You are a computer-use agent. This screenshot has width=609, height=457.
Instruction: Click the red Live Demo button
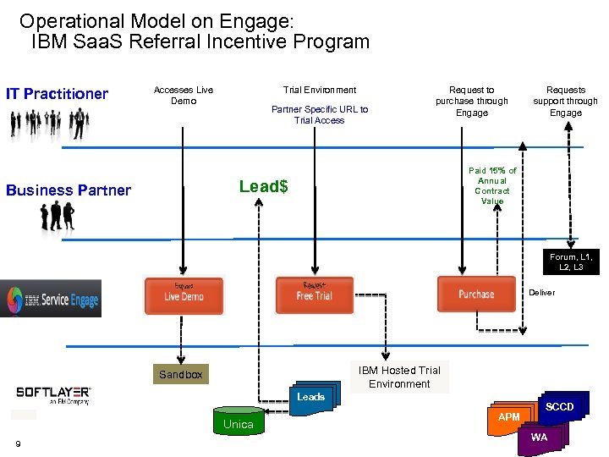coord(183,295)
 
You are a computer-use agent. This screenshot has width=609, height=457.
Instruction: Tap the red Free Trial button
coord(314,295)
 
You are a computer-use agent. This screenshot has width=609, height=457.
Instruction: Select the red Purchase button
coord(475,294)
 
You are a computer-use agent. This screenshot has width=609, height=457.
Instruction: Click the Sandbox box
coord(180,374)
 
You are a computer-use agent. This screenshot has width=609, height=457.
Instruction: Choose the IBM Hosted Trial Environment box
coord(399,377)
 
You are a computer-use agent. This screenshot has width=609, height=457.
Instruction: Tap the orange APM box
coord(508,417)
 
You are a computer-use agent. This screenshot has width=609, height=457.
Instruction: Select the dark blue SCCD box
coord(559,407)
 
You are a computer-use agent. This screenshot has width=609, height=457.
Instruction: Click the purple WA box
coord(539,437)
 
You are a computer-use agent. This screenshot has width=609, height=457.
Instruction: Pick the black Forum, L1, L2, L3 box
coord(571,262)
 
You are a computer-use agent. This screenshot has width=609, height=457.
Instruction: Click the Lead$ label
coord(263,186)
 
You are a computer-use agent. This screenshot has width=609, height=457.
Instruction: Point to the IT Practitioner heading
coord(57,93)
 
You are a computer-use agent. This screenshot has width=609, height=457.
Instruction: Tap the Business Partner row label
coord(69,190)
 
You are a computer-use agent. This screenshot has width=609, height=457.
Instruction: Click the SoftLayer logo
coord(53,394)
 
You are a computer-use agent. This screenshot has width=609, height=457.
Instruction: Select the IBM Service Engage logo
coord(51,299)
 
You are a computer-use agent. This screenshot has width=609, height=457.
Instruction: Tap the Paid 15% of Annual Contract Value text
coord(492,185)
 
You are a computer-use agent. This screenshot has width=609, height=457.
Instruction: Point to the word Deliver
coord(542,292)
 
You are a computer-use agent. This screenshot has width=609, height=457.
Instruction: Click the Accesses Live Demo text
coord(183,95)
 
